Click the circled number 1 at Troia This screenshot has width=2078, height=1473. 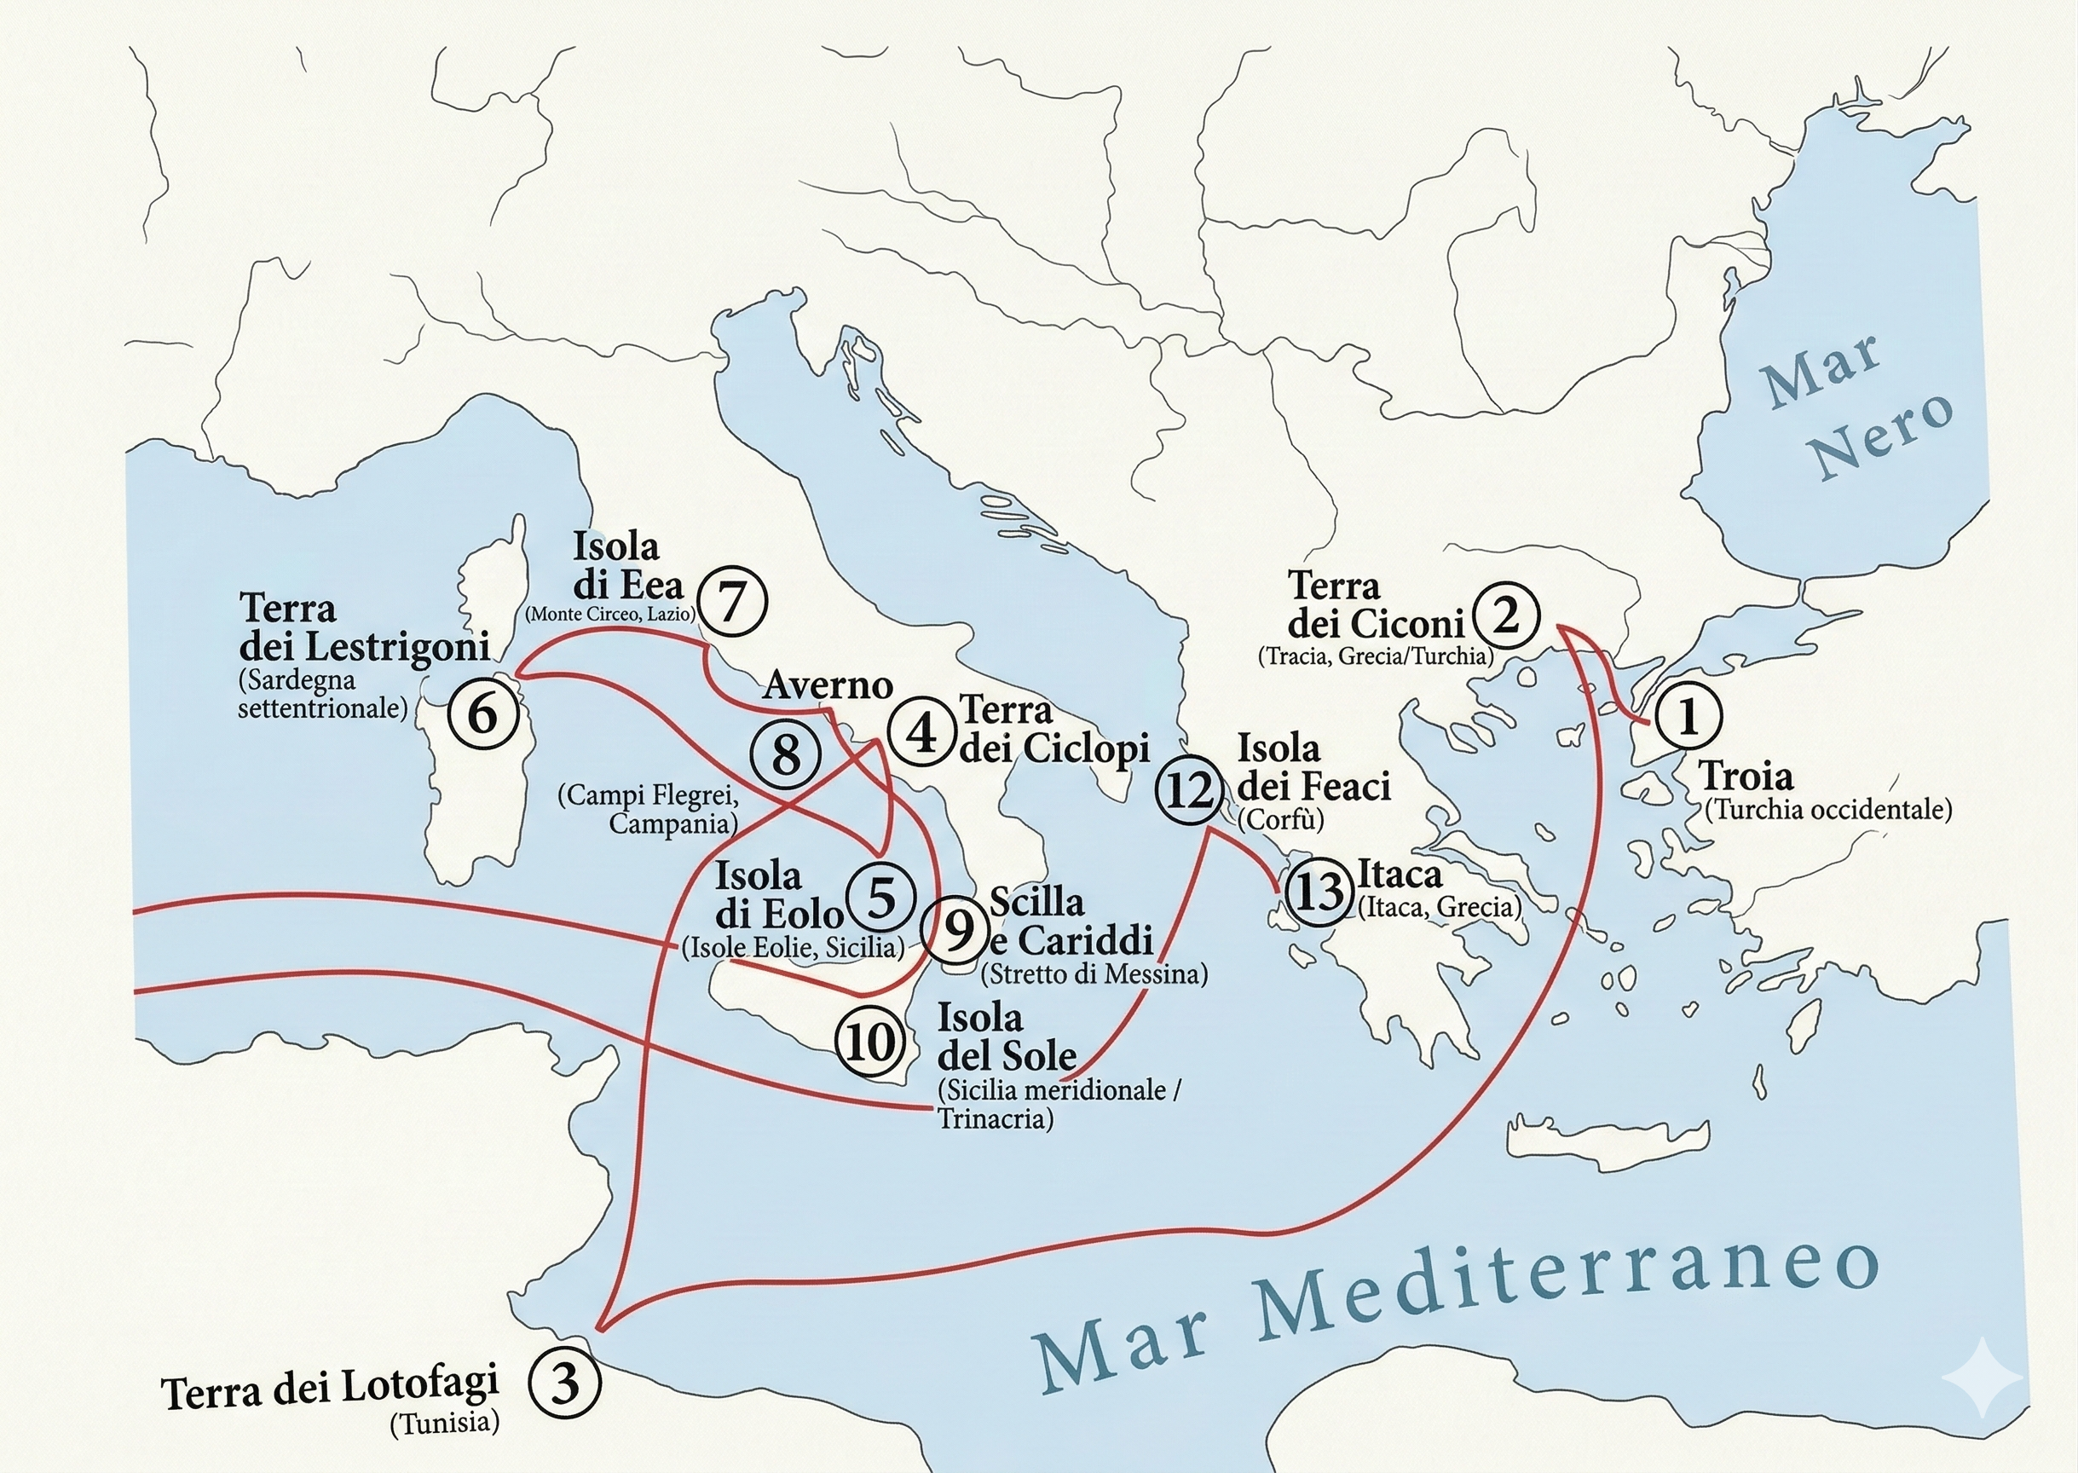pos(1688,717)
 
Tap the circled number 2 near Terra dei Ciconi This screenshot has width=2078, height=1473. pos(1506,617)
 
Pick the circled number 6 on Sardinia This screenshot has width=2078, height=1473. pos(482,713)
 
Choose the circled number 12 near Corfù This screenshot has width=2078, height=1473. pos(1189,790)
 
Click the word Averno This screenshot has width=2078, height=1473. pos(828,685)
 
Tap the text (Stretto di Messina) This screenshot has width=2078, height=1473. pos(1094,974)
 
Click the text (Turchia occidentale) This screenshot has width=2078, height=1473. pos(1827,809)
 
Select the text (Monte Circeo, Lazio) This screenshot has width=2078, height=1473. pos(610,614)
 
